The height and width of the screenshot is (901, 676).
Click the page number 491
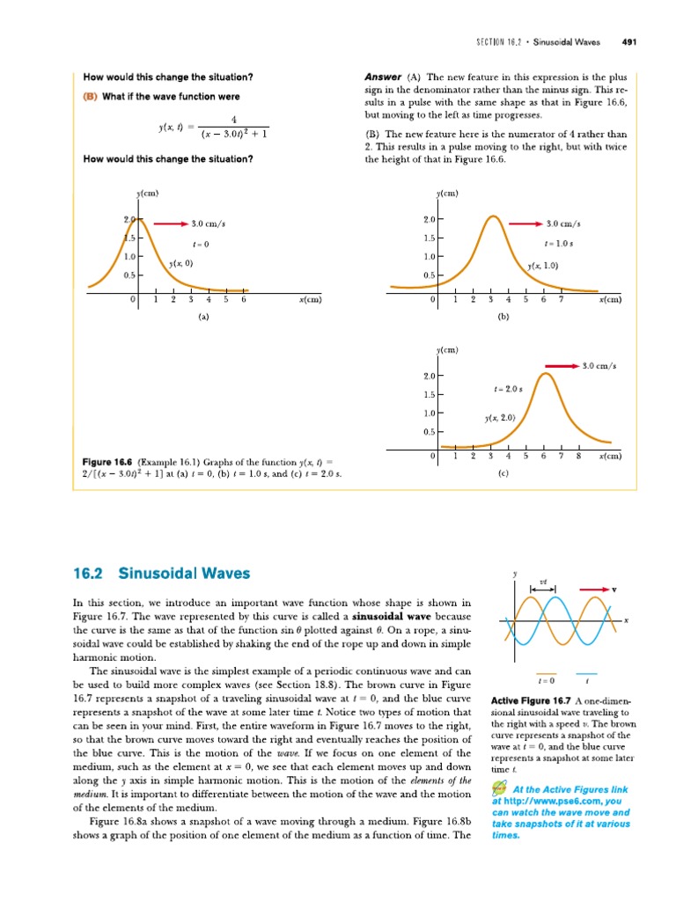629,40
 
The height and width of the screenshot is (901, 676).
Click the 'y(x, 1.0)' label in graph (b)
543,266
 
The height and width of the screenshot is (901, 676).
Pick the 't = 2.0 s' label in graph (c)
508,388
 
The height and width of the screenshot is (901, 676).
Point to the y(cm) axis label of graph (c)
447,350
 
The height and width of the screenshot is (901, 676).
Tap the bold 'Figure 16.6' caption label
107,462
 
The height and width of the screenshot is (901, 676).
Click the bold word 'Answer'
383,76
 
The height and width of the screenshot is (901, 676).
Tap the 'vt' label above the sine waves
543,582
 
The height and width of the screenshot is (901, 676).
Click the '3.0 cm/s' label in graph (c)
599,364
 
